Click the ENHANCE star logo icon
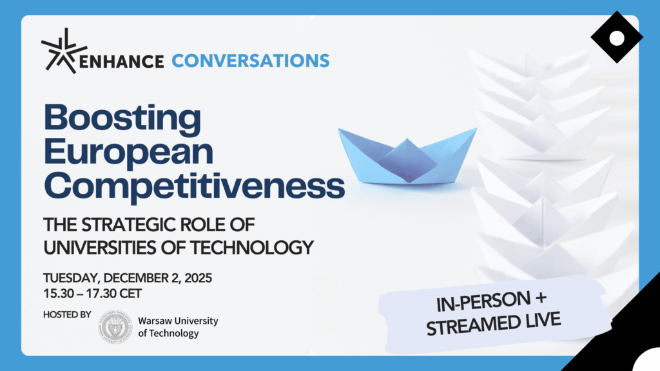[64, 51]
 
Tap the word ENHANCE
[121, 62]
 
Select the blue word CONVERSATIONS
[251, 61]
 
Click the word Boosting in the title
[122, 119]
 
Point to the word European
[129, 152]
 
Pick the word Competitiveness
[195, 186]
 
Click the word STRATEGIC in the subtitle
[128, 225]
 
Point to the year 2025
[199, 278]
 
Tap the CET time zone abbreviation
[130, 294]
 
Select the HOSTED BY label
[67, 314]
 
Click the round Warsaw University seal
[115, 327]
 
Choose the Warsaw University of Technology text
[178, 327]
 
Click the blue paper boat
[407, 156]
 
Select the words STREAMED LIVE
[493, 323]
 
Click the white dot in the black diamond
[617, 38]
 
